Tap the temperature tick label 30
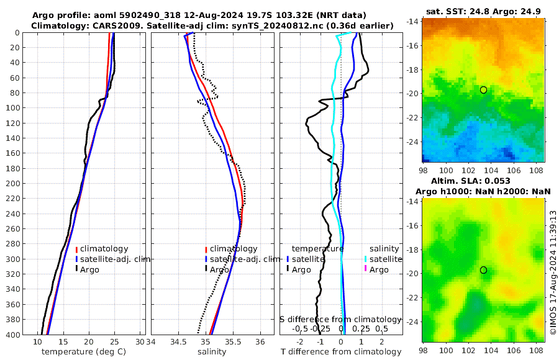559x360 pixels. [x=140, y=342]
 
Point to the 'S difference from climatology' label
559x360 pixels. [x=341, y=318]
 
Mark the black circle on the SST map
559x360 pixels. [x=483, y=90]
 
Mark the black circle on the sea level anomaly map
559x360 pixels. [x=483, y=270]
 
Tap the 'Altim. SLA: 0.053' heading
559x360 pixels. [x=483, y=181]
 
